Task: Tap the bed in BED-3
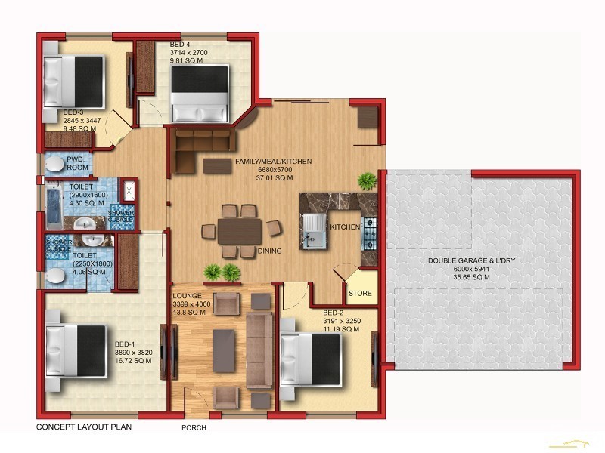click(73, 75)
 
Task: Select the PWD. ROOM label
click(77, 164)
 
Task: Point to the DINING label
click(270, 251)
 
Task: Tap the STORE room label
click(360, 293)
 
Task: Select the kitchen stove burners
click(370, 233)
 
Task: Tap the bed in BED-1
click(76, 349)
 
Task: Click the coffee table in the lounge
click(224, 351)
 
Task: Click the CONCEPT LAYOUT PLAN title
click(84, 427)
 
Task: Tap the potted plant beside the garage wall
click(368, 180)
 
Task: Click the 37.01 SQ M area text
click(274, 178)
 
